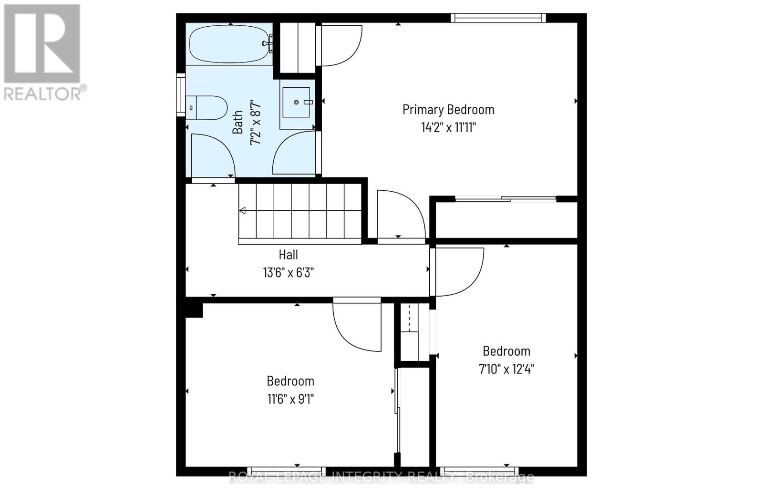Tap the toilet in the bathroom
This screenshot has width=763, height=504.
tap(207, 108)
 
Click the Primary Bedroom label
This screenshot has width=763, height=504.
tap(448, 110)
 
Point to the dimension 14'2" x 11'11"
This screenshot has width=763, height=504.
tap(448, 128)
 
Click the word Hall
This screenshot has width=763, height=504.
tap(288, 255)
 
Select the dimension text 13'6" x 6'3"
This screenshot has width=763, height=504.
tap(288, 273)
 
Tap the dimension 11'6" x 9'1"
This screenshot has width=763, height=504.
tap(290, 399)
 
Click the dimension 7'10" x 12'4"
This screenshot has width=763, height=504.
tap(506, 369)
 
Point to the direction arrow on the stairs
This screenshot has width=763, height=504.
tap(243, 211)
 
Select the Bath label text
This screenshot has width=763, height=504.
tap(237, 122)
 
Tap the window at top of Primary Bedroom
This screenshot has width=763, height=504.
tap(498, 18)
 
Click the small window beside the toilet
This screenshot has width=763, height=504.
tap(181, 94)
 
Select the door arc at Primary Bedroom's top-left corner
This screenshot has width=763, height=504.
tap(340, 45)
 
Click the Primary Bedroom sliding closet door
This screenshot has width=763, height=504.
tap(505, 199)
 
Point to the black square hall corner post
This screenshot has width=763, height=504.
tap(194, 309)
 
